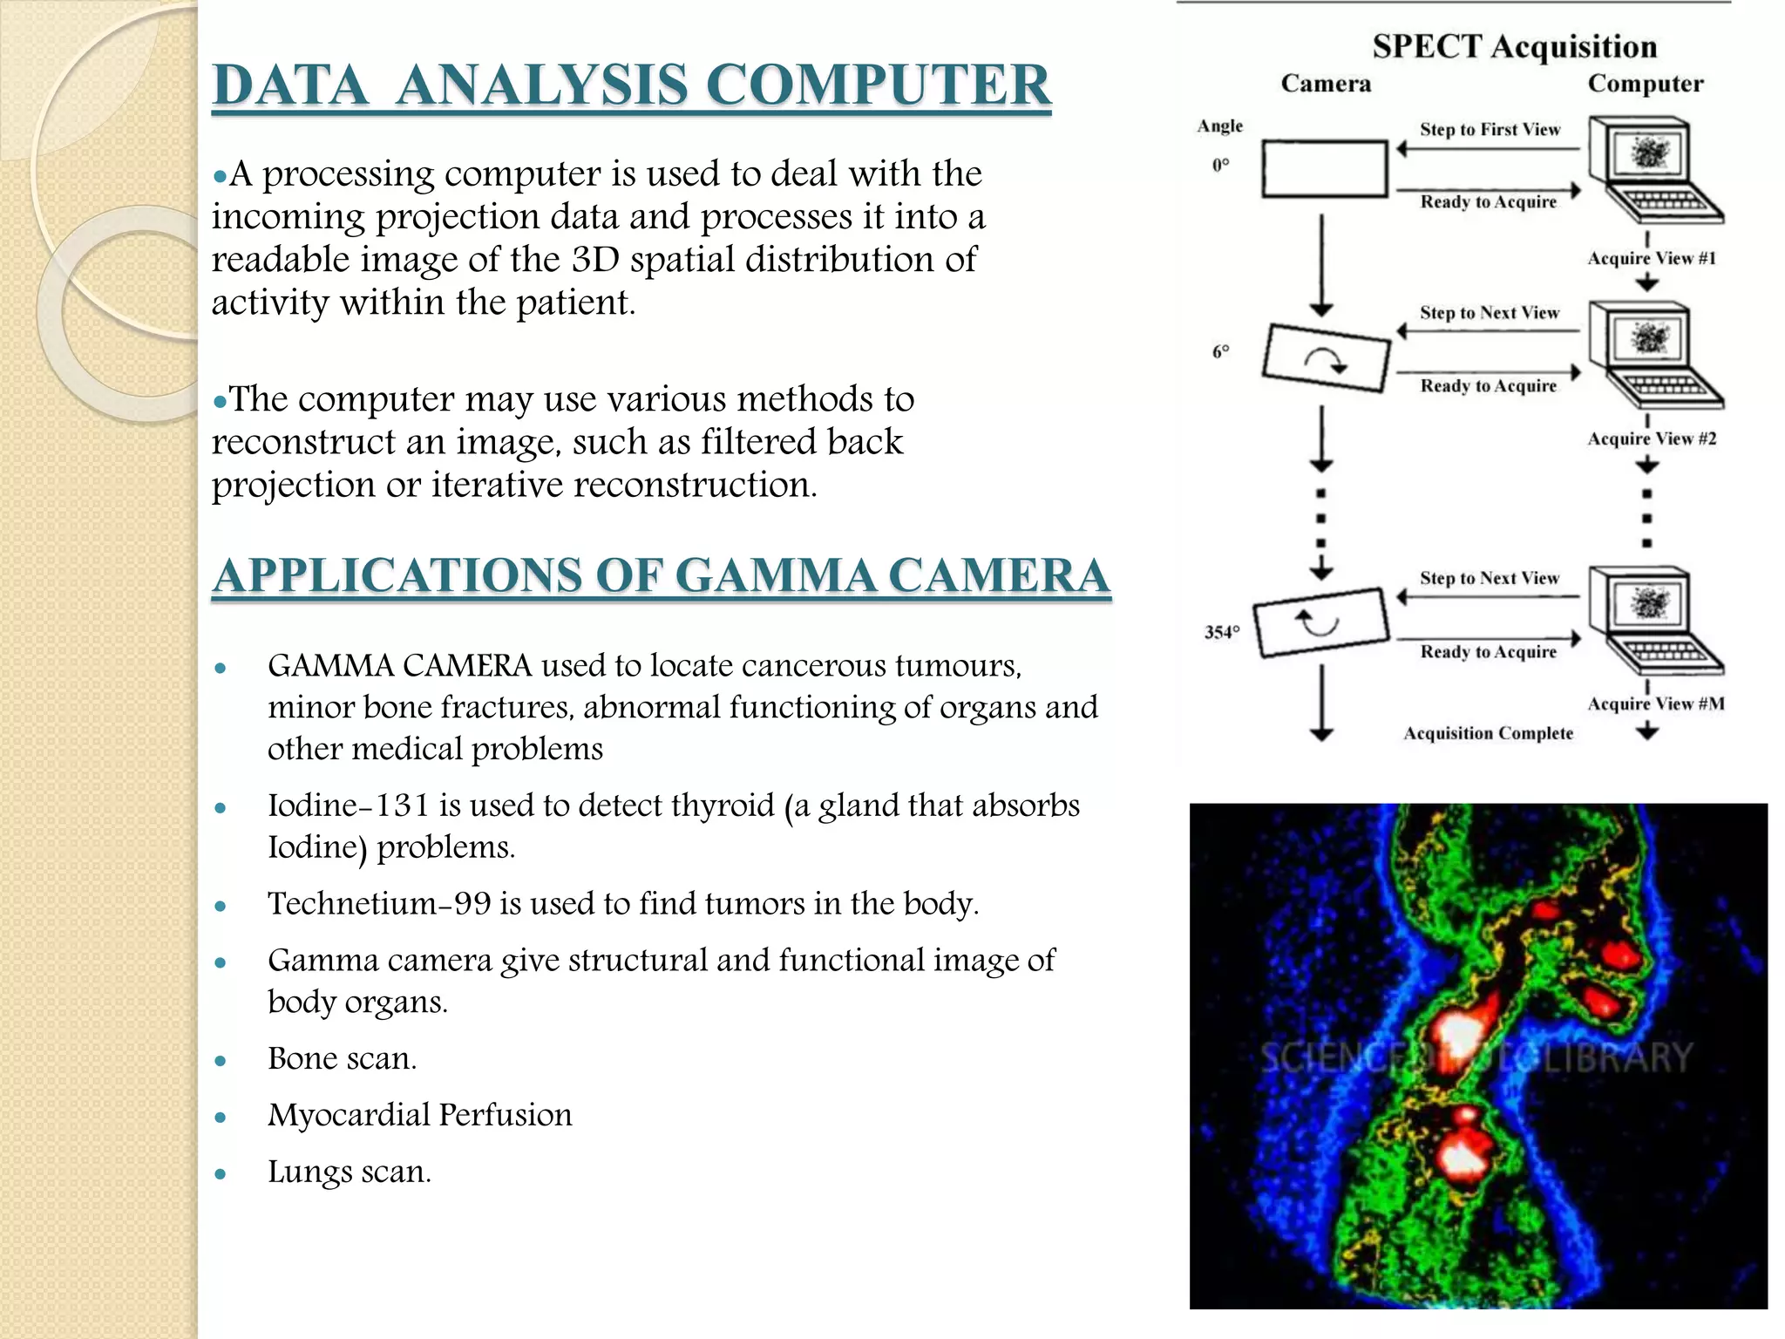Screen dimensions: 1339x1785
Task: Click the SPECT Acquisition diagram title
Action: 1514,46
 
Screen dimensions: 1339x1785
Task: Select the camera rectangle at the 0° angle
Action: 1324,168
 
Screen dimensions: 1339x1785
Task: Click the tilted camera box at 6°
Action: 1326,358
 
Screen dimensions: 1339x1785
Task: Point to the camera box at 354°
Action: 1320,622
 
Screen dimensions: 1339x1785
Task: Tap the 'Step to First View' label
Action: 1490,130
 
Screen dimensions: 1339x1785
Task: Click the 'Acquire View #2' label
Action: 1651,438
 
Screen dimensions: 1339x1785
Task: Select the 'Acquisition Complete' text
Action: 1488,733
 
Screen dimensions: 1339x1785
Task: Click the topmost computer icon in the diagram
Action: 1650,170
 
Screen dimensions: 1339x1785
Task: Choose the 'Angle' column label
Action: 1219,126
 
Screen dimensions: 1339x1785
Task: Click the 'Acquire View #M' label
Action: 1655,703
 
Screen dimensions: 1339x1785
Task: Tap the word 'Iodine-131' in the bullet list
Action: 349,805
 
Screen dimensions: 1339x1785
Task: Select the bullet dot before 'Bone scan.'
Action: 221,1061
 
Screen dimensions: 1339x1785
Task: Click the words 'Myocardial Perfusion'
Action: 419,1115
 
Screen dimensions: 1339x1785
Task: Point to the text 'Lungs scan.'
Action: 349,1172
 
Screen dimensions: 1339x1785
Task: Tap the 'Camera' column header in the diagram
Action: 1325,84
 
